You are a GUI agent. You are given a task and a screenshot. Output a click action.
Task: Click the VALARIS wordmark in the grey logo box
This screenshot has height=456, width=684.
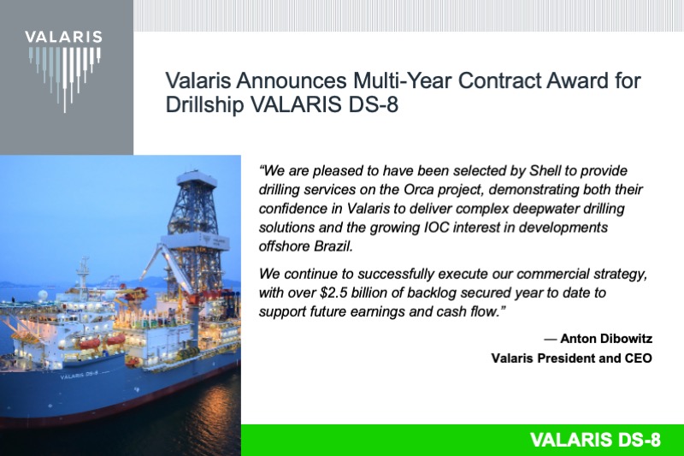[x=63, y=37]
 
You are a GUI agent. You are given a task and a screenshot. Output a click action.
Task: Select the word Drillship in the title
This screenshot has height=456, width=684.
[x=199, y=105]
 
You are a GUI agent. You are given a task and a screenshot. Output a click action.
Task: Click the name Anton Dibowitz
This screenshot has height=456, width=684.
[x=606, y=338]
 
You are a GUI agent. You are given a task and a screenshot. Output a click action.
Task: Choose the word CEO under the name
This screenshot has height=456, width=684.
[x=636, y=358]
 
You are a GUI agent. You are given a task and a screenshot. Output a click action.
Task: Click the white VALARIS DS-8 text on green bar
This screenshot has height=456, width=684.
[x=595, y=441]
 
